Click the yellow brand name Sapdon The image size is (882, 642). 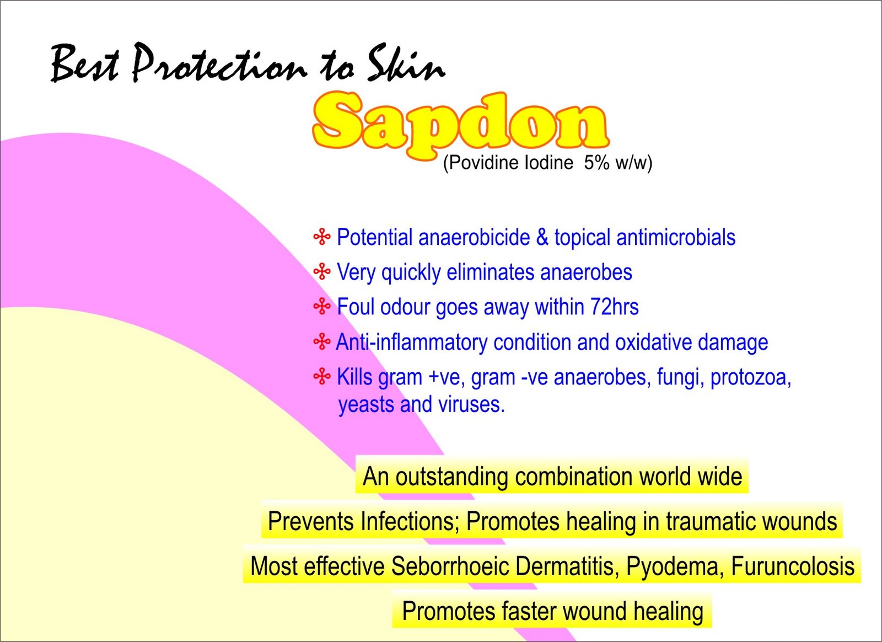[x=461, y=126]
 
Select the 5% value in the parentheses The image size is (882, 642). [x=597, y=163]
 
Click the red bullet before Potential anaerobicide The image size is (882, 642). [x=322, y=237]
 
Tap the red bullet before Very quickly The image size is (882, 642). [x=322, y=272]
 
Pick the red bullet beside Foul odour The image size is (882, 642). [x=322, y=307]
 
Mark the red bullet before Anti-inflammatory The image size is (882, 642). [x=322, y=341]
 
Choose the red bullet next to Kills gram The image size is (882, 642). [x=322, y=377]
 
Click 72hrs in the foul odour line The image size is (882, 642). [x=614, y=307]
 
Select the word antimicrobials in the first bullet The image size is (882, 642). [x=676, y=237]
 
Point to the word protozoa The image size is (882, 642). [x=750, y=377]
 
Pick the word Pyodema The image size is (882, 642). [x=675, y=566]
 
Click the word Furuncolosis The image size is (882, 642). [x=793, y=566]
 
